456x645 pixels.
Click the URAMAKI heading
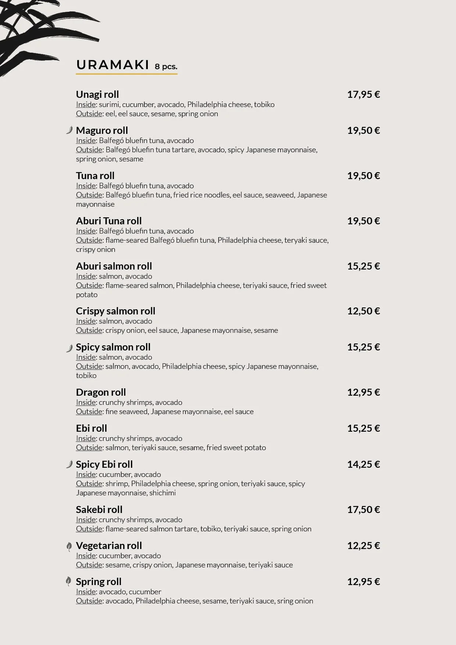click(113, 65)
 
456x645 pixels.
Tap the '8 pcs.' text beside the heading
click(166, 67)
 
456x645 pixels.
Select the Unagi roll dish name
click(97, 95)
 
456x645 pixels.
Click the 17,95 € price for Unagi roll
click(363, 95)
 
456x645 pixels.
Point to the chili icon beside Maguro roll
click(69, 130)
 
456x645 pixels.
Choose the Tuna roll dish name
click(95, 176)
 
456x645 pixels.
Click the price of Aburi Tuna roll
click(363, 221)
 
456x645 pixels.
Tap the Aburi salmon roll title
click(114, 266)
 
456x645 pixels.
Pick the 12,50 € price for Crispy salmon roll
click(363, 311)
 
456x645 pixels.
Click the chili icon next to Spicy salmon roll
click(69, 348)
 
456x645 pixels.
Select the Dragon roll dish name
click(101, 392)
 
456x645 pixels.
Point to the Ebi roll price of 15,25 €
click(363, 428)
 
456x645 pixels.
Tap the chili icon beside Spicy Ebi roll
click(69, 464)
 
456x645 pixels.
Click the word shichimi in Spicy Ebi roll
click(163, 493)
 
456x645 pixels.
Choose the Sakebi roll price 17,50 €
click(363, 510)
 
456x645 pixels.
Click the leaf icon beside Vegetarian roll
click(69, 547)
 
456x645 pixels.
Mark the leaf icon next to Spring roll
click(68, 581)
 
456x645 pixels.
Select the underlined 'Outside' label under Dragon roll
click(89, 411)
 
